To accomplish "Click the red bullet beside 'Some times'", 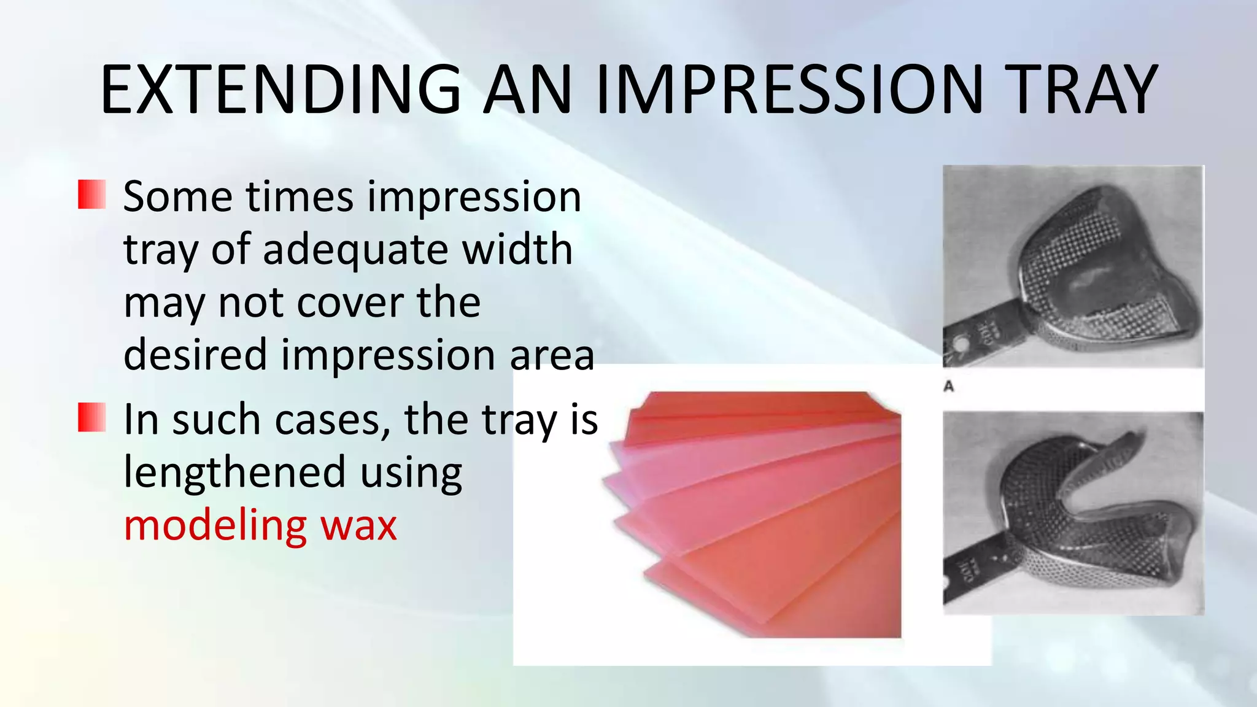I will (x=92, y=195).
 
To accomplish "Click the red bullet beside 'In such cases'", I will (x=92, y=417).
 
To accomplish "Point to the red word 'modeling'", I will (x=215, y=525).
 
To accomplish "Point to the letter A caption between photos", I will (x=949, y=387).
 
